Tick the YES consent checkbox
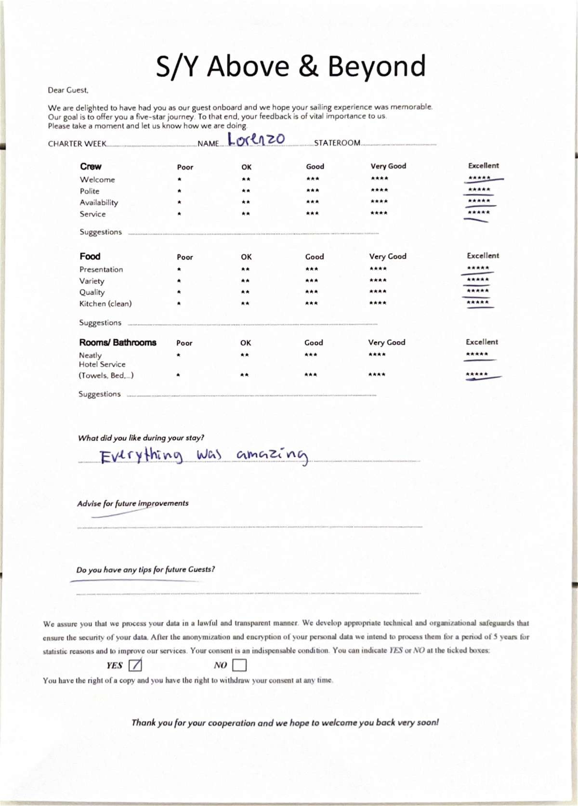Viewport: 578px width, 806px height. (135, 665)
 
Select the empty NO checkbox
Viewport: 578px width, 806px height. (239, 665)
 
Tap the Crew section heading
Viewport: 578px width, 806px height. (91, 166)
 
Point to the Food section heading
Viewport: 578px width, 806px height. (90, 256)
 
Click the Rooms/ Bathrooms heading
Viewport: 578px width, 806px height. (118, 343)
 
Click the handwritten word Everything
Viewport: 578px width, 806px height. (141, 455)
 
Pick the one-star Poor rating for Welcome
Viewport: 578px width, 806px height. (179, 179)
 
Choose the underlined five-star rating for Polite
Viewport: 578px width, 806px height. (479, 190)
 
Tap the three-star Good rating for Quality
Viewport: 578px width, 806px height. (311, 291)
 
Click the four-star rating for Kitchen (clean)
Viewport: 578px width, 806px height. (378, 303)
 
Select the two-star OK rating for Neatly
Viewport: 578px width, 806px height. (245, 355)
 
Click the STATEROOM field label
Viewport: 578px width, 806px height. (337, 143)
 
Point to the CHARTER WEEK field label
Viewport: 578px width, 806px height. (77, 144)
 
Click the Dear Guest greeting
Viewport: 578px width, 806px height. (68, 90)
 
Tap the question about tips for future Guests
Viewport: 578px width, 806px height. (145, 569)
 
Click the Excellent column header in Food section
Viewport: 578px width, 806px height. (483, 256)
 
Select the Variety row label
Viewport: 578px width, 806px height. (92, 281)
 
